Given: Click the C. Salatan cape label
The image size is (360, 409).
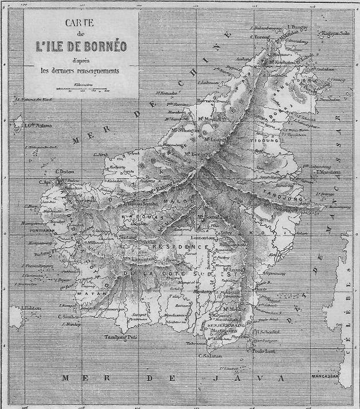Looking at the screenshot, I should pyautogui.click(x=210, y=355).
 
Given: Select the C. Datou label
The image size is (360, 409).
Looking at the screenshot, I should pyautogui.click(x=66, y=171).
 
